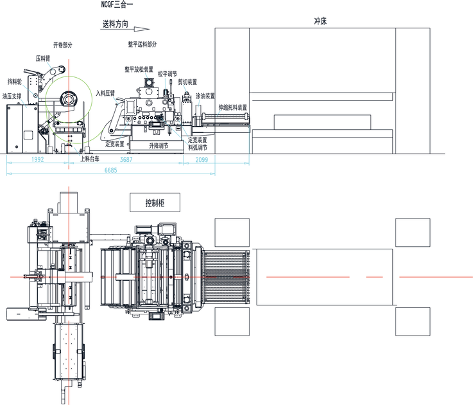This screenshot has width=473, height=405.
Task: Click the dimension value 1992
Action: pos(37,159)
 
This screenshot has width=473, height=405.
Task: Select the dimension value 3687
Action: pos(126,159)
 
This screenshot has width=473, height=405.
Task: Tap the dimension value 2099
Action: pos(202,159)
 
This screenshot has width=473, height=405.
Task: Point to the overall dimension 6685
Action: pos(110,170)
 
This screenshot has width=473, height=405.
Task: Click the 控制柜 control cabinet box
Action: pos(155,203)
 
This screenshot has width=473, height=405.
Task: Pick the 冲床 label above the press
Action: pos(320,21)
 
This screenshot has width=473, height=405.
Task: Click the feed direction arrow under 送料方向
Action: pos(125,29)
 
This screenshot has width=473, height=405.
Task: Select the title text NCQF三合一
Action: pos(117,4)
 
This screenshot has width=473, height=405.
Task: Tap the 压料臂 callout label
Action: pos(43,59)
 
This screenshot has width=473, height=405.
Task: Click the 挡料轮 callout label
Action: pos(15,82)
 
